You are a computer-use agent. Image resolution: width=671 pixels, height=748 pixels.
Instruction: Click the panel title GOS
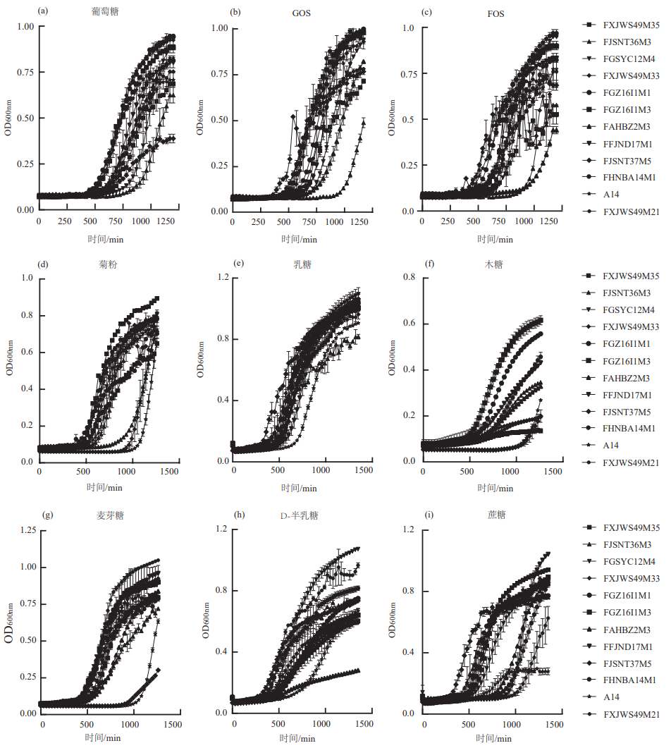click(x=302, y=13)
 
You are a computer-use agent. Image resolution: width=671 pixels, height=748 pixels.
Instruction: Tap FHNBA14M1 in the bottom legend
click(x=629, y=681)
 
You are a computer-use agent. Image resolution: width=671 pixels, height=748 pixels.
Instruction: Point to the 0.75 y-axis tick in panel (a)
click(x=25, y=73)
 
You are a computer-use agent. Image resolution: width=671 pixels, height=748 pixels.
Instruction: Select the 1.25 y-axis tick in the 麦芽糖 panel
click(x=27, y=530)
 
